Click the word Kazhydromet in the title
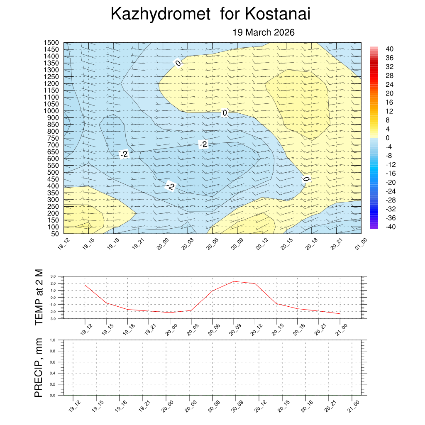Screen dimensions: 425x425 click(161, 15)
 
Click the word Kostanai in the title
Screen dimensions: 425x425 click(278, 15)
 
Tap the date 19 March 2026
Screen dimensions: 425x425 click(264, 32)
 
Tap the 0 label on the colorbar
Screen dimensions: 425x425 click(387, 138)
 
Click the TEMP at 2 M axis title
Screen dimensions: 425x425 click(39, 297)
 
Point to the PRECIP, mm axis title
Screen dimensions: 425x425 click(39, 367)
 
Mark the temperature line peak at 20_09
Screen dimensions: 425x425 click(234, 281)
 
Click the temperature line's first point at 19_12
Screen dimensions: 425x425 click(85, 285)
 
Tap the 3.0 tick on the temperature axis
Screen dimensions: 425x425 click(53, 276)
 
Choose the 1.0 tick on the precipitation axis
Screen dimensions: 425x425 click(53, 340)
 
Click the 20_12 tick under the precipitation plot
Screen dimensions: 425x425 click(261, 405)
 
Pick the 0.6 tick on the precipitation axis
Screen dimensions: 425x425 click(53, 362)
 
